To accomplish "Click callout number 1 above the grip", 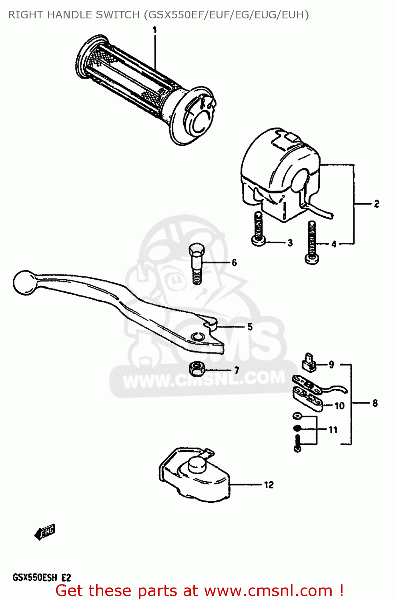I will pos(154,30).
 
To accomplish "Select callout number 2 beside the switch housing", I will pos(376,204).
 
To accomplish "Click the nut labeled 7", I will pos(196,369).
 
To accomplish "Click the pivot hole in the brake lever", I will pos(197,337).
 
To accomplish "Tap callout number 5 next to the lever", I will pos(250,327).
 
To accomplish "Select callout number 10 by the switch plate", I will pos(339,406).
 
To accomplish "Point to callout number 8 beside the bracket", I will pos(375,403).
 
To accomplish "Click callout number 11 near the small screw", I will pos(333,430).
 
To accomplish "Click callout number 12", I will pos(269,485).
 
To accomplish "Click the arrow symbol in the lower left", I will pos(45,532).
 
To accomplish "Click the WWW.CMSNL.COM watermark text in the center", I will pos(204,379).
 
